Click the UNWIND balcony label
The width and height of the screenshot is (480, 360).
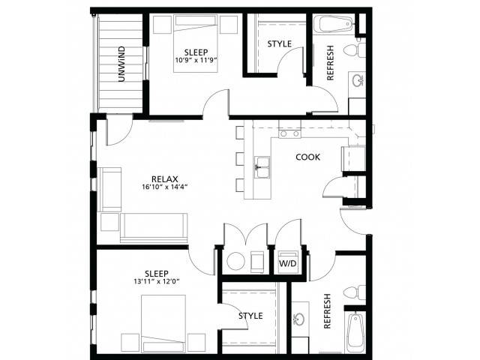[121, 64]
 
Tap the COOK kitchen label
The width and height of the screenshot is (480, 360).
[307, 157]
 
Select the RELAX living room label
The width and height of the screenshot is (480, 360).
[165, 179]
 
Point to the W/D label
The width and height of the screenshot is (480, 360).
[288, 263]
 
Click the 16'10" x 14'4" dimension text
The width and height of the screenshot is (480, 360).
[165, 187]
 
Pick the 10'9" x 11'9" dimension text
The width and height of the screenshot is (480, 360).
[196, 60]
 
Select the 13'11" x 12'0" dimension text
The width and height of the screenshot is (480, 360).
[157, 281]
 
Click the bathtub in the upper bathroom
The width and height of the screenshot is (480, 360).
[335, 24]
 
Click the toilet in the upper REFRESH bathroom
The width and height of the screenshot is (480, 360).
[355, 50]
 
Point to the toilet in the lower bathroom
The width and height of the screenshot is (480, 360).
[355, 292]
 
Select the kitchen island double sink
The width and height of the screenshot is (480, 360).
[262, 167]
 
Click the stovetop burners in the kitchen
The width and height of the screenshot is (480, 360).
[289, 133]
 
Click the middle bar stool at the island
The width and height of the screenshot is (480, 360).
[240, 159]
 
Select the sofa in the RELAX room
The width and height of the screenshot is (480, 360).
[154, 228]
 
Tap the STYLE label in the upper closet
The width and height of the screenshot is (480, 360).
[279, 44]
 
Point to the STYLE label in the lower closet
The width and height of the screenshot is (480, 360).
[250, 316]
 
